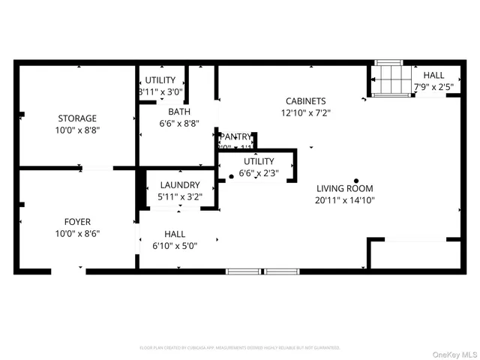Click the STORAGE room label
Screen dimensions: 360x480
click(x=77, y=118)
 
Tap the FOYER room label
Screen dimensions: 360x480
click(x=77, y=221)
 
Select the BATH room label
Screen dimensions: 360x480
click(x=178, y=112)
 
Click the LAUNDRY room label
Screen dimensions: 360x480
click(x=178, y=184)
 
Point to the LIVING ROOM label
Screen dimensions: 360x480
click(x=344, y=188)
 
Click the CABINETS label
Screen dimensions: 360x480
click(x=305, y=101)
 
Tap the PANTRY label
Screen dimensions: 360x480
click(x=235, y=136)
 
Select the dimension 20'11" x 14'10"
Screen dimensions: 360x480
click(x=344, y=200)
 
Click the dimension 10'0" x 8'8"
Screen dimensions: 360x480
click(x=77, y=130)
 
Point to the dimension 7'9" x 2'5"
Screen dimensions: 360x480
click(x=433, y=88)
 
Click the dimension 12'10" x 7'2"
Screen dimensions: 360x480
click(x=305, y=113)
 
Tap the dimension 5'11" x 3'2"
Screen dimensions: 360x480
click(x=178, y=196)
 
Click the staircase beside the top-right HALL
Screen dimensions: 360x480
click(x=389, y=79)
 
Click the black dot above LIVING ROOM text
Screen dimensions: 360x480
click(x=356, y=180)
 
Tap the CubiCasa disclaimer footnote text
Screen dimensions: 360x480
click(x=240, y=348)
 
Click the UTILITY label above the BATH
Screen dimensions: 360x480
click(x=160, y=80)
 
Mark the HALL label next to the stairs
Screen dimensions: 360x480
click(x=433, y=76)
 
